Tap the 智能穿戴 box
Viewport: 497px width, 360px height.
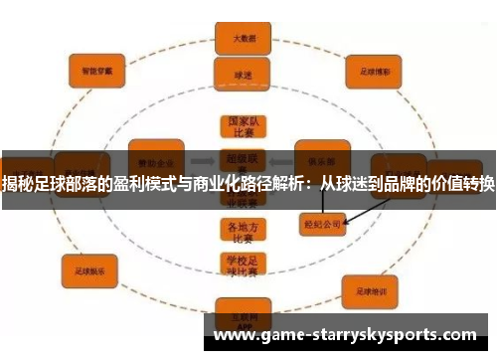point(95,71)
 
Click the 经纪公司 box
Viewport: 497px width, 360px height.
point(322,225)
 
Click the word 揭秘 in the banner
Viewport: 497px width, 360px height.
point(15,183)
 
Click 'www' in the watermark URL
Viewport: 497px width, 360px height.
point(234,336)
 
